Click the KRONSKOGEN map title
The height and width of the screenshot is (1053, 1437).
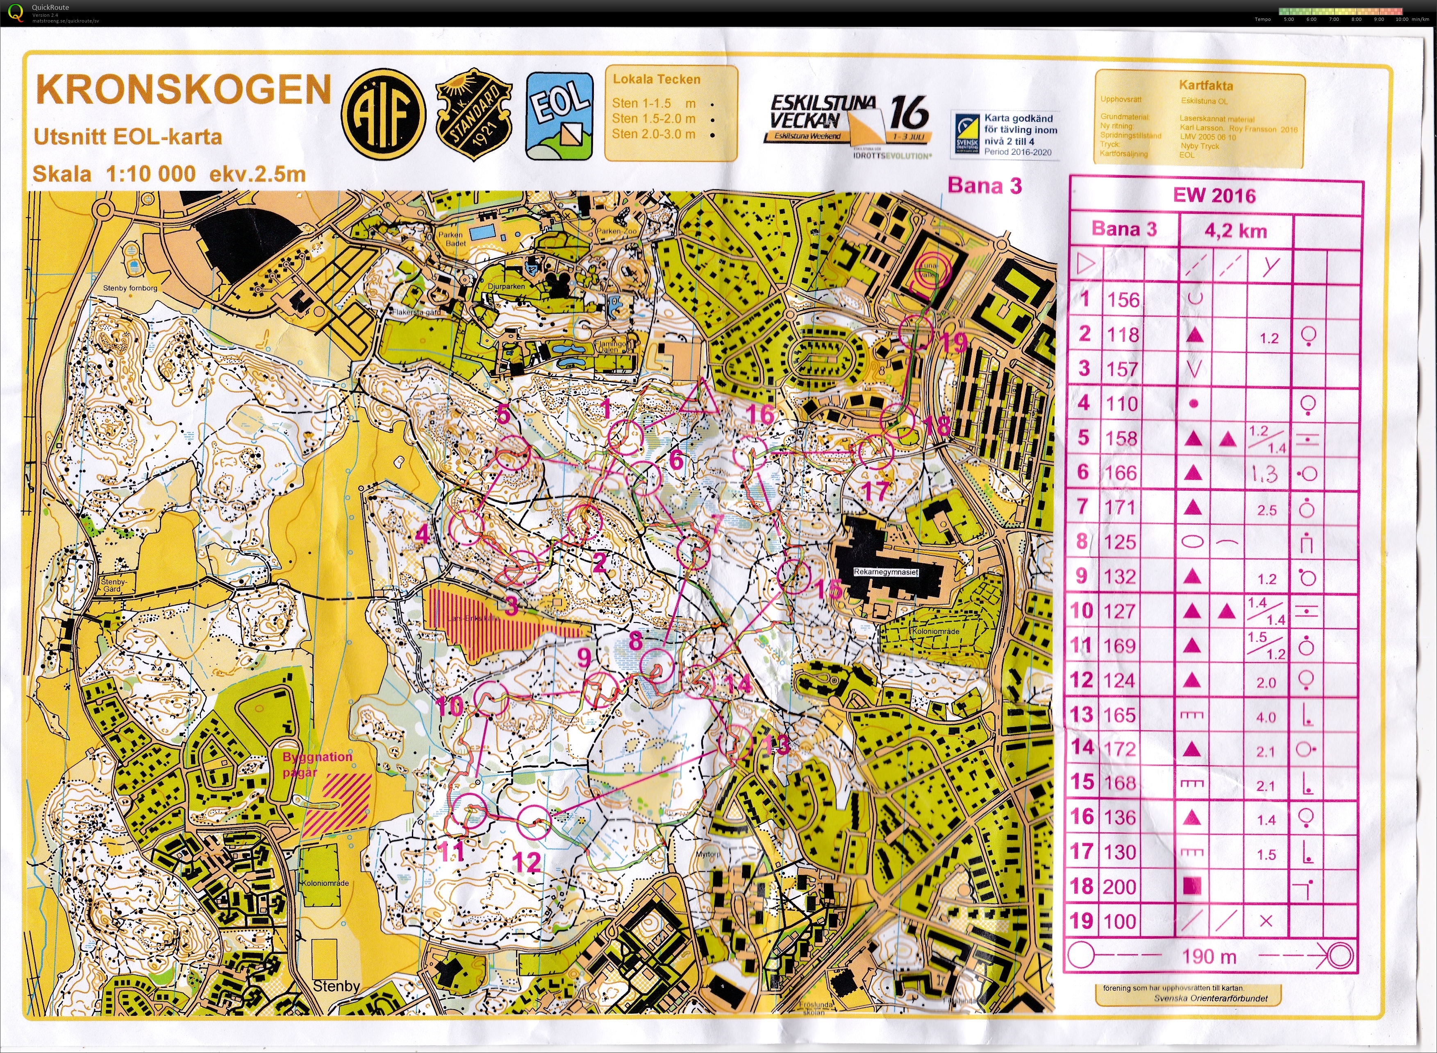point(184,90)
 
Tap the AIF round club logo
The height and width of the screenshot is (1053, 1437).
point(383,115)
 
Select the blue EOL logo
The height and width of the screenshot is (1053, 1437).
point(559,115)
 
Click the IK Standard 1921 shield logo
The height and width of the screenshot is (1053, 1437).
point(474,115)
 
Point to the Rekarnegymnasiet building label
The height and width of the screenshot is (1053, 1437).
point(886,572)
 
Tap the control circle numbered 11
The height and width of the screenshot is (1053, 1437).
point(469,811)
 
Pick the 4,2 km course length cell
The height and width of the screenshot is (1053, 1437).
point(1235,231)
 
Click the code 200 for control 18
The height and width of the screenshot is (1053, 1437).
point(1120,887)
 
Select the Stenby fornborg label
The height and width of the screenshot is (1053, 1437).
point(130,288)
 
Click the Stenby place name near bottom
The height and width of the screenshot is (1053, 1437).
point(336,985)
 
